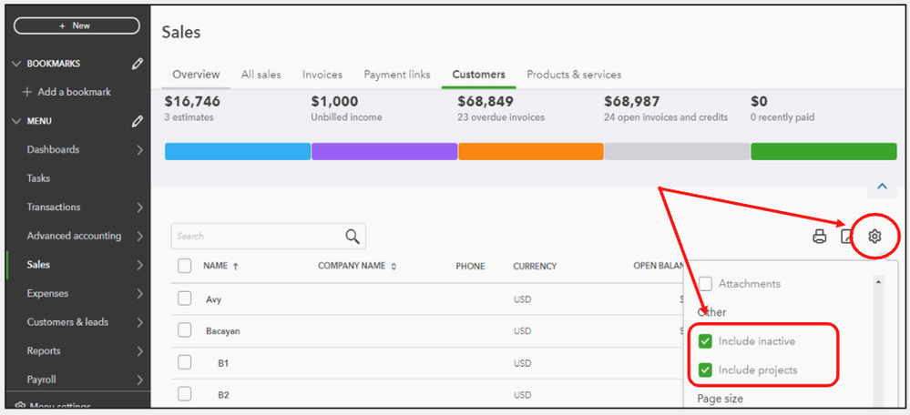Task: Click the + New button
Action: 76,25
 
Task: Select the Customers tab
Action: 478,75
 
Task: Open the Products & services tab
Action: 574,75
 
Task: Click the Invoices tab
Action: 322,75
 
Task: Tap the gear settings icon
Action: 874,237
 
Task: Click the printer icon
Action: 819,237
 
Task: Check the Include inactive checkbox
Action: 705,341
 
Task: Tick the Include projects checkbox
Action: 705,369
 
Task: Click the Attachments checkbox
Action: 705,284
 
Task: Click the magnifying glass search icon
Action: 353,237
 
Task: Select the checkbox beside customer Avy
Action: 185,299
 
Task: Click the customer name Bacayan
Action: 223,331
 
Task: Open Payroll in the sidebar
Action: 42,380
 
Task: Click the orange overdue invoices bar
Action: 530,151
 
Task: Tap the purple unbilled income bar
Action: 383,151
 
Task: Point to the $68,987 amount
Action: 631,102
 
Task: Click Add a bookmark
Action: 74,92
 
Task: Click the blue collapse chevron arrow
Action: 881,187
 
